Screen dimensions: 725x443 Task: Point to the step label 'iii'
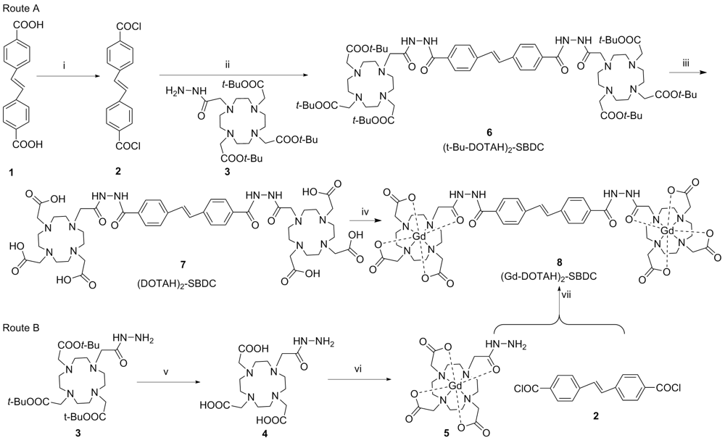pyautogui.click(x=686, y=64)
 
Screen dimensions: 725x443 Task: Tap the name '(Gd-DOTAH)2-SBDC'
pyautogui.click(x=560, y=277)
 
